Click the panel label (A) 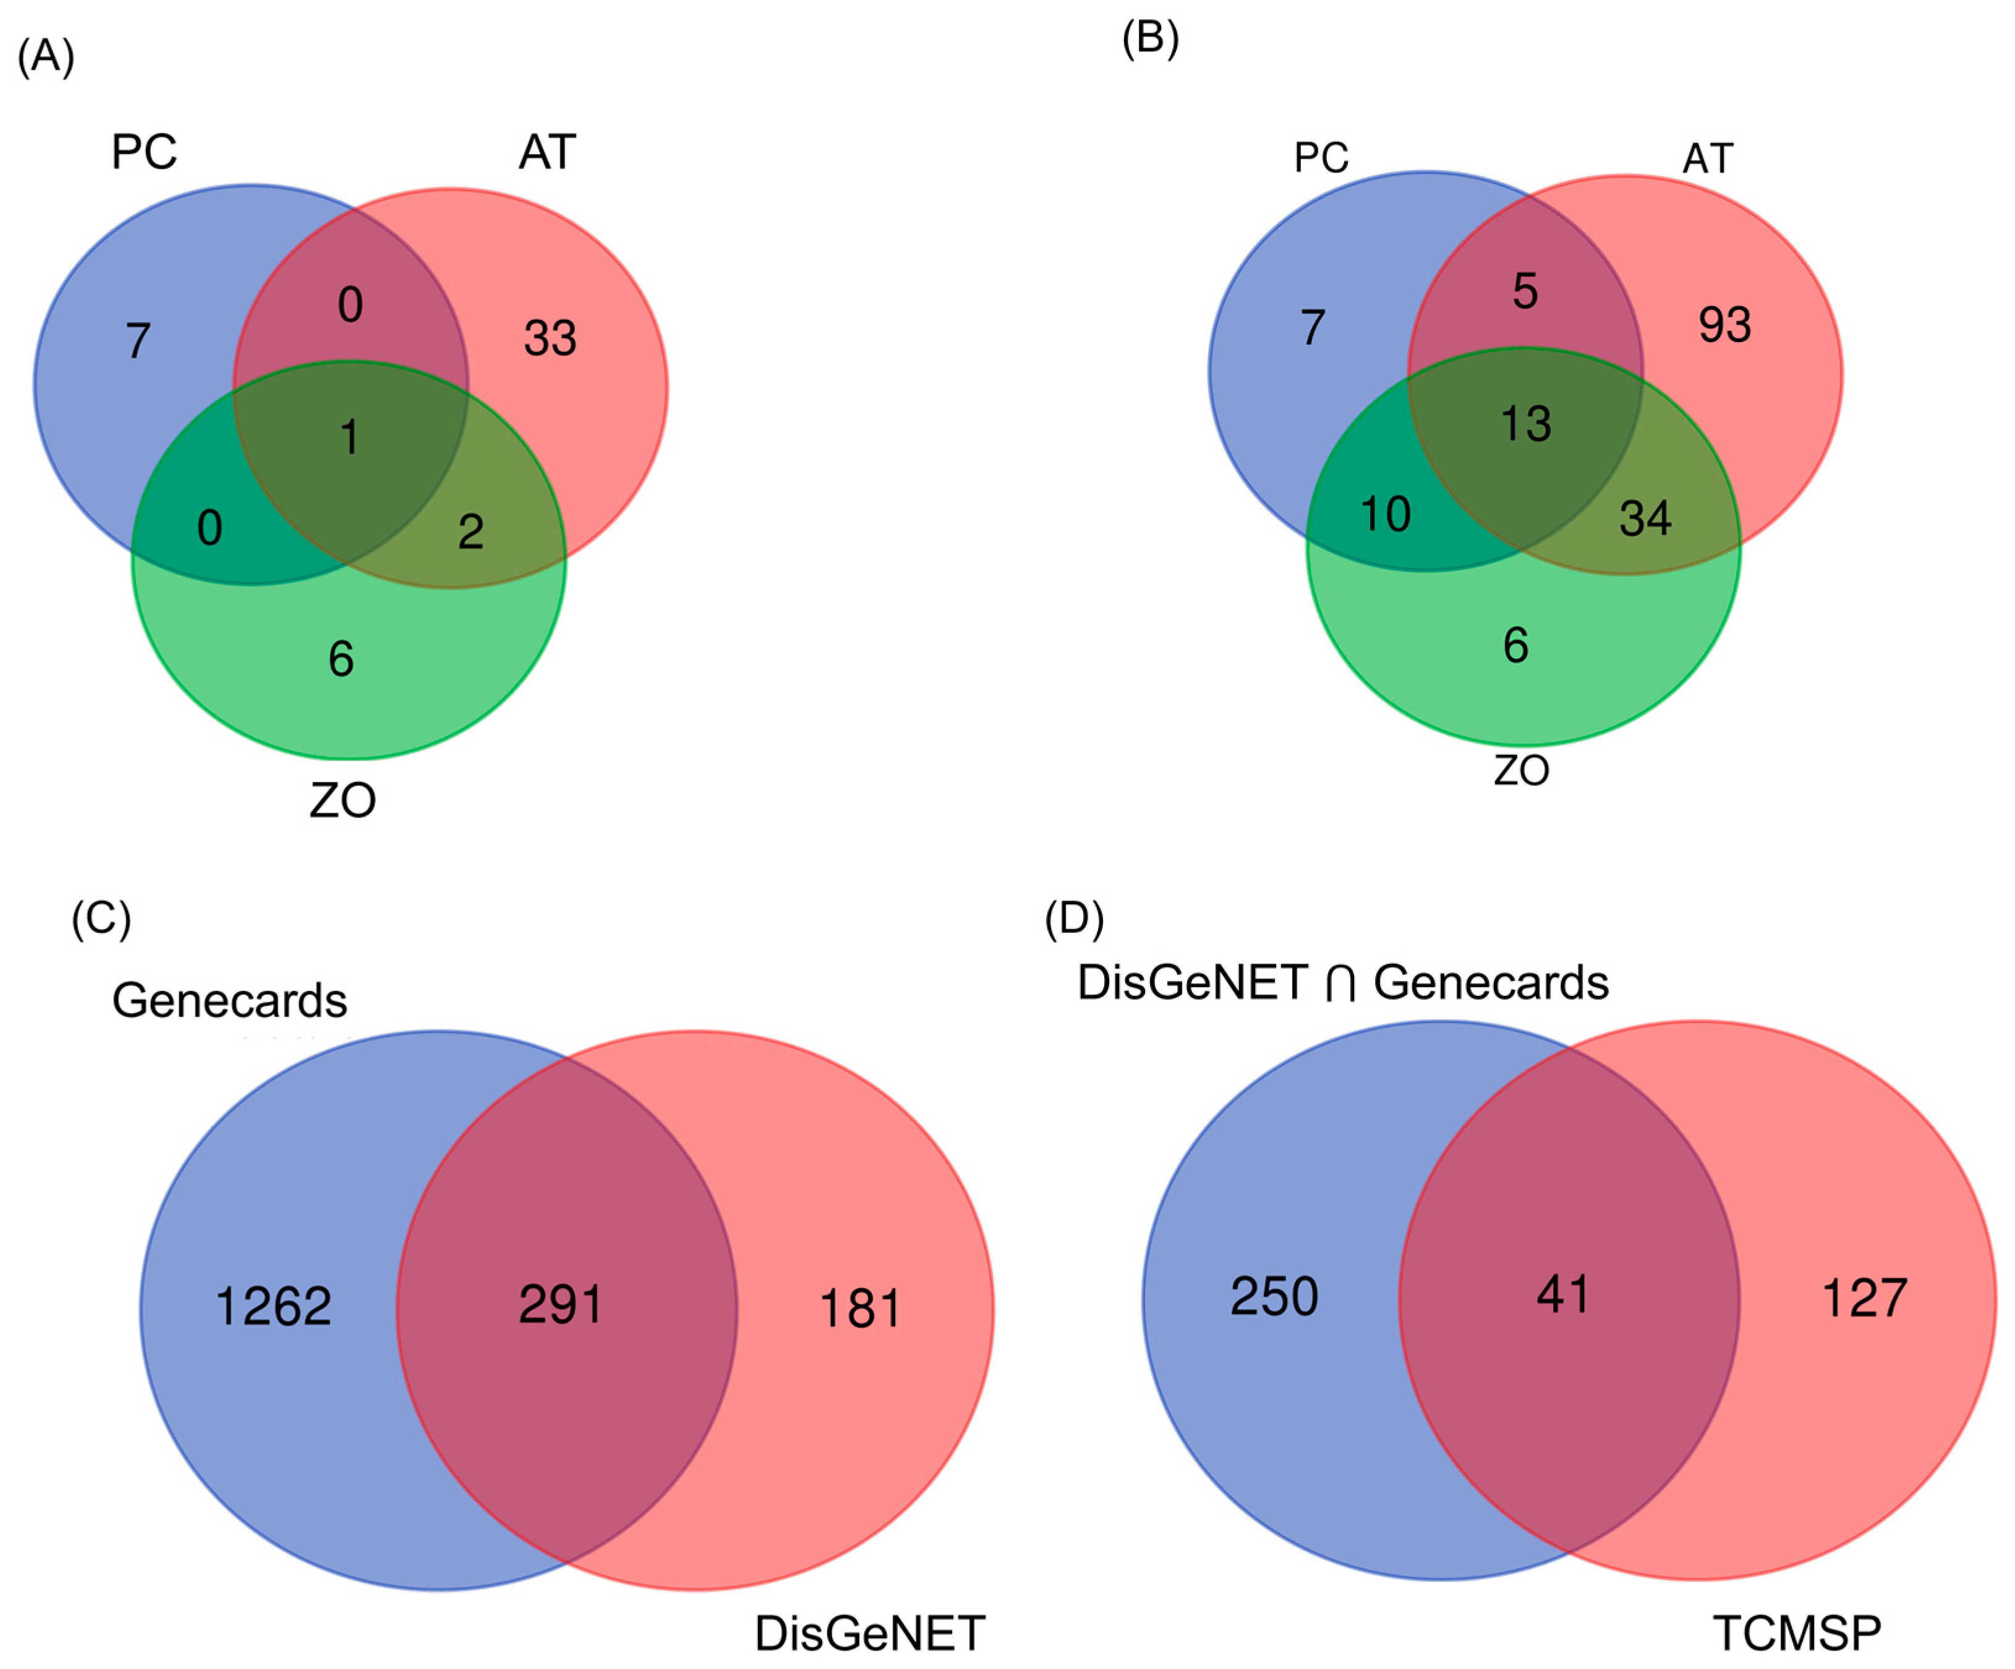tap(46, 57)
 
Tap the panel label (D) tap(1074, 919)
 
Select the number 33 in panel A tap(550, 338)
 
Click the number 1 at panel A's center tap(349, 437)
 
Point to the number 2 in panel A tap(470, 532)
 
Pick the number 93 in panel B tap(1724, 324)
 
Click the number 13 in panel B tap(1526, 423)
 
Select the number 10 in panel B tap(1386, 515)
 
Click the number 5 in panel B tap(1525, 291)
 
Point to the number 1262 tap(273, 1306)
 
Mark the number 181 tap(860, 1308)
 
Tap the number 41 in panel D tap(1562, 1295)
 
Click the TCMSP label tap(1796, 1633)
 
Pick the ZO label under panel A tap(343, 800)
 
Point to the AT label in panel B tap(1708, 158)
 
